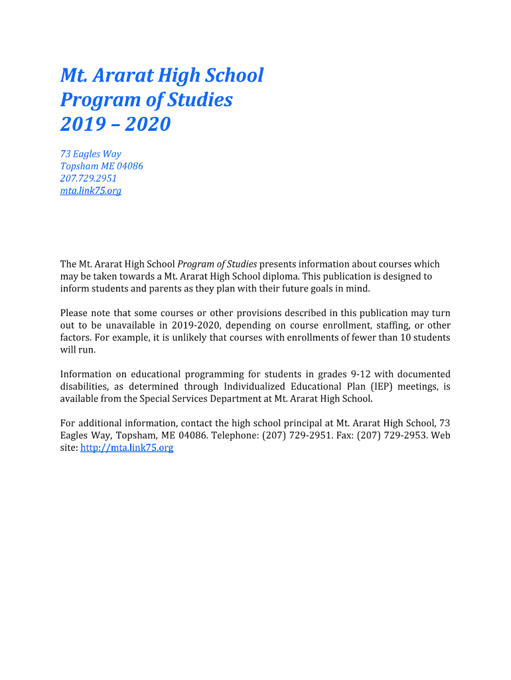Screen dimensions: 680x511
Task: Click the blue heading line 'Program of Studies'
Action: click(146, 100)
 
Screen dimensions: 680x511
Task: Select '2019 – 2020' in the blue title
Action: click(115, 124)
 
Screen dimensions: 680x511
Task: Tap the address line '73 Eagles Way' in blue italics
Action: click(90, 154)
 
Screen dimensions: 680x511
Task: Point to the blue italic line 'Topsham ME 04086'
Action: click(102, 166)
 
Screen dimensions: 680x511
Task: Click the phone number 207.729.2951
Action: click(88, 179)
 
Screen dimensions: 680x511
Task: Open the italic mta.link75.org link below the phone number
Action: click(90, 191)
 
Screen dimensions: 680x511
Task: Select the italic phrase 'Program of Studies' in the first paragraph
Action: click(217, 264)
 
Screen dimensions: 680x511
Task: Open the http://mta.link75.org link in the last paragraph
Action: click(127, 448)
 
